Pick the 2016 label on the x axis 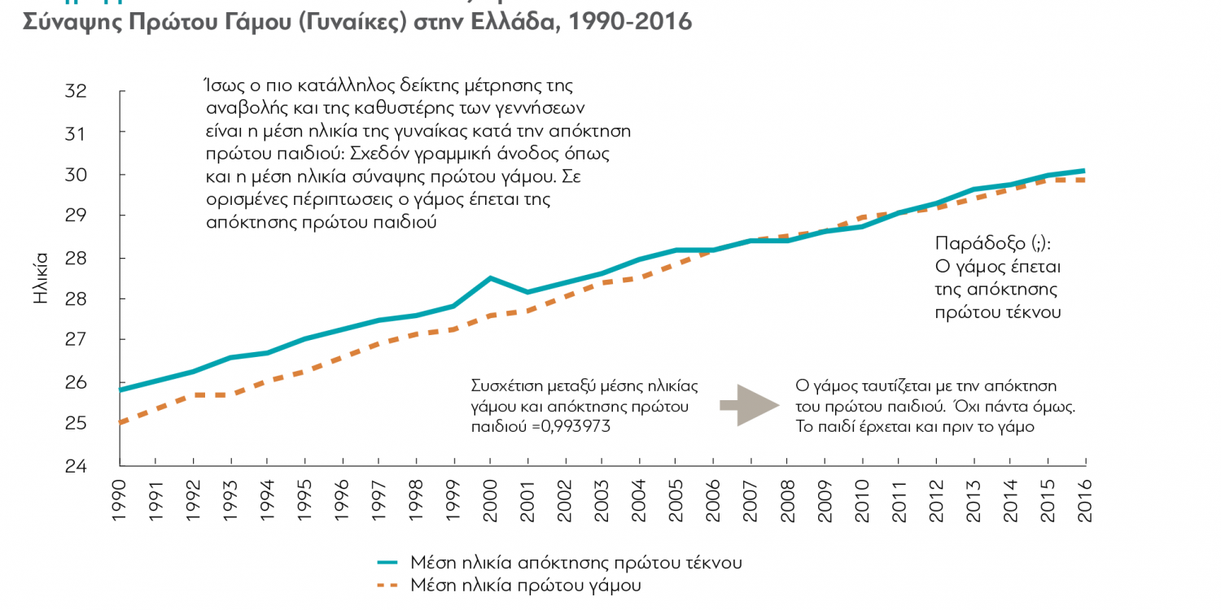(1085, 493)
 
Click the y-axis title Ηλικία (42, 277)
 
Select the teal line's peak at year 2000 (490, 278)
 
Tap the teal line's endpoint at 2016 (1084, 171)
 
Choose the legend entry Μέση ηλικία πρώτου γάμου (526, 585)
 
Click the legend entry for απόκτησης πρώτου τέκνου (575, 562)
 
